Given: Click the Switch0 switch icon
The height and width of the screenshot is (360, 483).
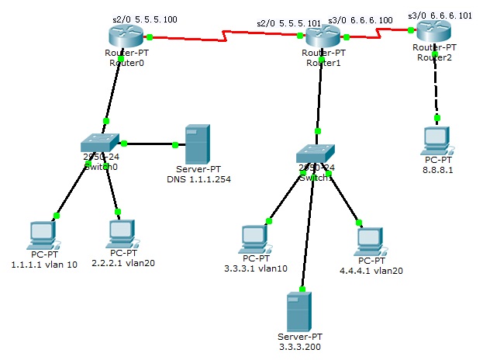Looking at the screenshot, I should [x=100, y=143].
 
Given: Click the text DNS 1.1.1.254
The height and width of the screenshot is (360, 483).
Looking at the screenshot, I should [x=198, y=179].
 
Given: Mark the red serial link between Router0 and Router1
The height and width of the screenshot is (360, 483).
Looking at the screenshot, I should [x=225, y=36].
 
